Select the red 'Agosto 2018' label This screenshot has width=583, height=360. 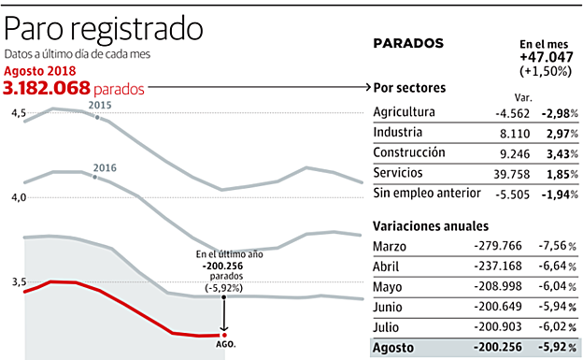[x=39, y=70]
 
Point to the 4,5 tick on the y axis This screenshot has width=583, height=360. [x=18, y=113]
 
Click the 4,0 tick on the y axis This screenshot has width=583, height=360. [x=18, y=197]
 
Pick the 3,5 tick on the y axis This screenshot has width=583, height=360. [x=18, y=281]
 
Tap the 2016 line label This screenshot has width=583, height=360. [x=104, y=167]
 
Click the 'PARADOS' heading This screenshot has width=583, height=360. [x=407, y=43]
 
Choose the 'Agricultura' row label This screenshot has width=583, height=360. [x=405, y=112]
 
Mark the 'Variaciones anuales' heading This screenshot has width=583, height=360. [x=430, y=225]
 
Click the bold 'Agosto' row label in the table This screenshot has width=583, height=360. [x=393, y=347]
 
